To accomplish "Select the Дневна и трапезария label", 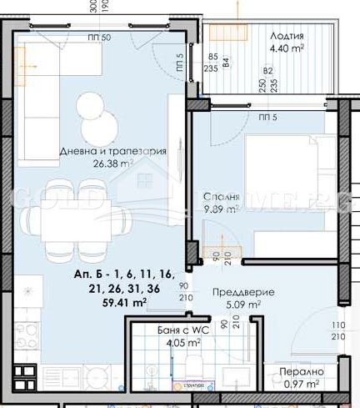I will (113, 152).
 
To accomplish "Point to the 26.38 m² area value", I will (113, 164).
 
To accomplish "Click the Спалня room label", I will (222, 197).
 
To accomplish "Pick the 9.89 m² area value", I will (222, 209).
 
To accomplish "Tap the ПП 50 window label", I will (99, 38).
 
